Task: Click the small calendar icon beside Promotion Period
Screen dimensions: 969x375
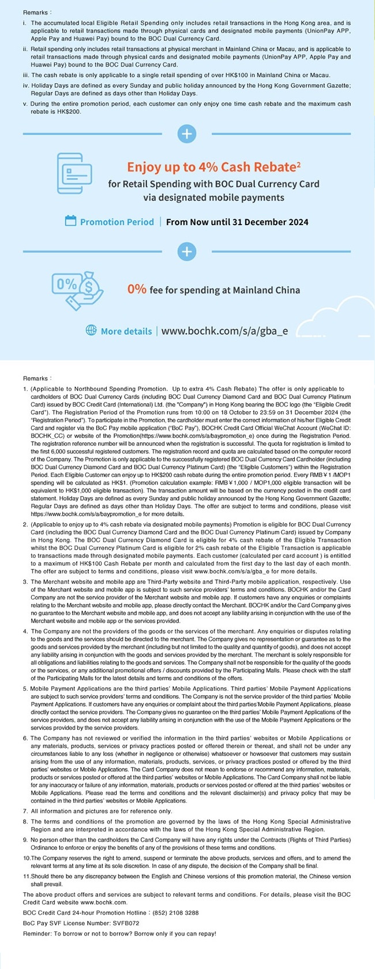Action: pos(71,221)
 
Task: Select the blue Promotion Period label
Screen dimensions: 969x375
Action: pos(117,222)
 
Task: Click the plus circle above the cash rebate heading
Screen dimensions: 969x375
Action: pos(187,134)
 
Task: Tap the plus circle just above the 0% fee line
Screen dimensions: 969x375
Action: pos(187,252)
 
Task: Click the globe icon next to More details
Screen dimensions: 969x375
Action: pos(91,331)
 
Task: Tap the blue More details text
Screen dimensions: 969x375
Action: pos(126,331)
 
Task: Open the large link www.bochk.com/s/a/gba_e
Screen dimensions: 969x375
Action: pos(224,331)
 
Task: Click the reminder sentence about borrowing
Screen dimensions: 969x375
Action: pos(119,934)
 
